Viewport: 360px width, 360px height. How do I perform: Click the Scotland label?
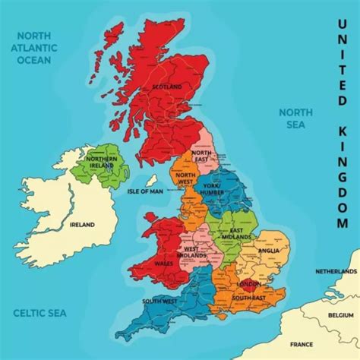tap(169, 87)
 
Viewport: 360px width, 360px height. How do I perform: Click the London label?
tap(248, 284)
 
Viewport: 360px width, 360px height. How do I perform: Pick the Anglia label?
tap(269, 251)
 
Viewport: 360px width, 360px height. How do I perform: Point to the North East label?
tap(201, 156)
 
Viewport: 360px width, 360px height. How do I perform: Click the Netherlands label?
tap(336, 271)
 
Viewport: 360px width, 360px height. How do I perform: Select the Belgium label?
tap(340, 313)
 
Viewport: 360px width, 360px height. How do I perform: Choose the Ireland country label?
tap(82, 225)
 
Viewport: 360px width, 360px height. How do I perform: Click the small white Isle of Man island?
tap(152, 181)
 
